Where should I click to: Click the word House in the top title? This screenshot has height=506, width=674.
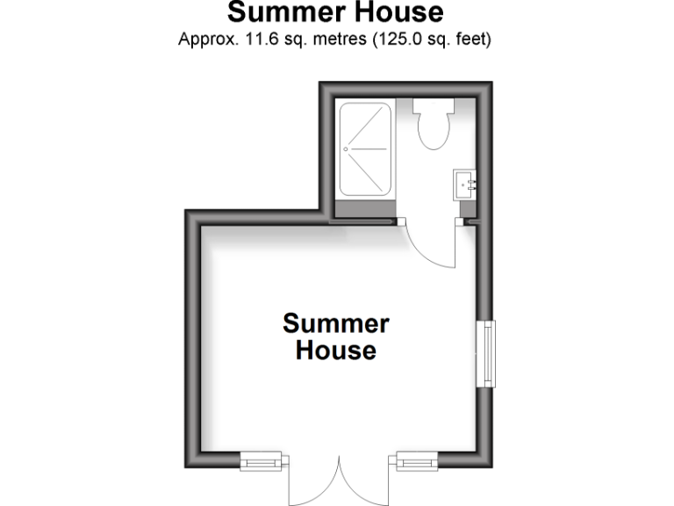point(395,13)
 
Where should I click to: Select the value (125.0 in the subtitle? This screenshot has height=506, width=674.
point(396,40)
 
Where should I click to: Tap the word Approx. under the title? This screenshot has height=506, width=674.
point(206,40)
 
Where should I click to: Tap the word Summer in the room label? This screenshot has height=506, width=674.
point(335,323)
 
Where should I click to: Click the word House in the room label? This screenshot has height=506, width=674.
point(335,351)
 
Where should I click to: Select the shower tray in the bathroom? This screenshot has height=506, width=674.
point(365,149)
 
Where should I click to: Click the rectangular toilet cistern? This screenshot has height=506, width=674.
point(433,107)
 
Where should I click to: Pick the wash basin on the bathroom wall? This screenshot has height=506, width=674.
point(465,184)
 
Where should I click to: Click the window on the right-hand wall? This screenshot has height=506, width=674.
point(485,353)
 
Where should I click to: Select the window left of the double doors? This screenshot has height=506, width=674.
point(262,461)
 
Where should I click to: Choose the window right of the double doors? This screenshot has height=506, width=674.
point(416,461)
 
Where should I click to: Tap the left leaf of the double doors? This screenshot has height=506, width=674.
point(312,483)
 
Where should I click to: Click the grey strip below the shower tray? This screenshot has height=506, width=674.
point(365,210)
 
